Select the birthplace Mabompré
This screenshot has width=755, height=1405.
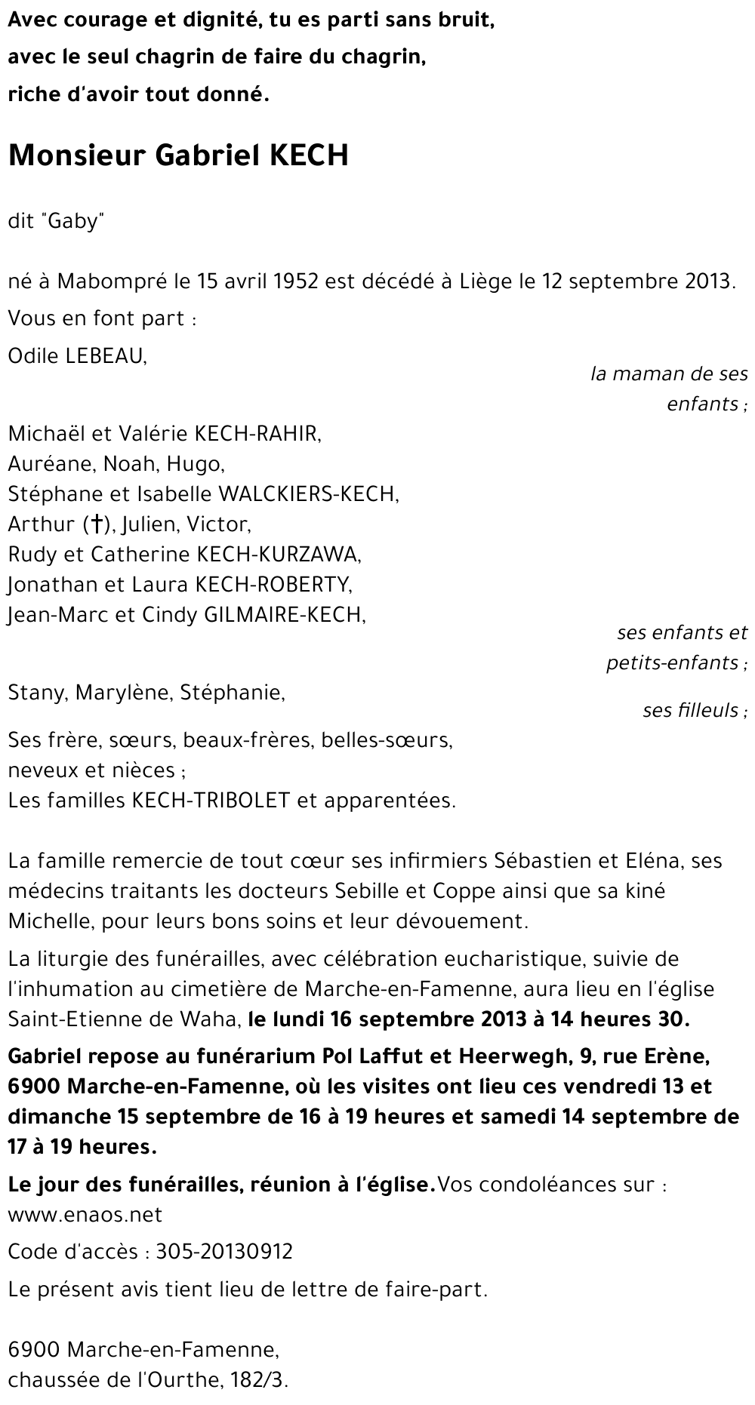(112, 282)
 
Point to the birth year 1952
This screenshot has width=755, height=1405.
(295, 282)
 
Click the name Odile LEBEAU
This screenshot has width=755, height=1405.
(77, 356)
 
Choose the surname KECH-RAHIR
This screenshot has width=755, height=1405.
(257, 434)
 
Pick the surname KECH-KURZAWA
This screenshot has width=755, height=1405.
(278, 555)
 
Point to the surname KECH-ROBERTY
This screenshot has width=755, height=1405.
(273, 585)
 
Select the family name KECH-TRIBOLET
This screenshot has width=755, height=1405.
(211, 801)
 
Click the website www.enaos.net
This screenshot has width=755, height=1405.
(85, 1215)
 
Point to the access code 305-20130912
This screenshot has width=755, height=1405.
(224, 1253)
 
